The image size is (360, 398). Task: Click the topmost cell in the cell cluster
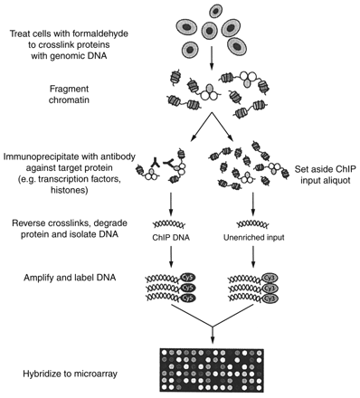click(217, 11)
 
